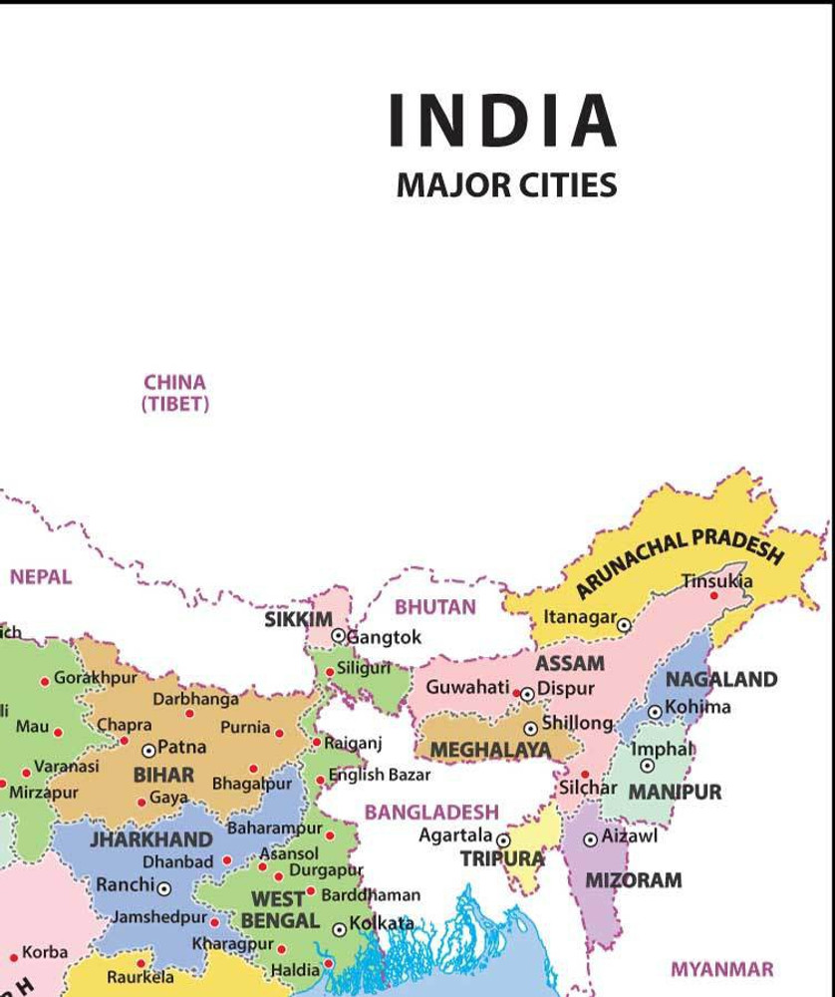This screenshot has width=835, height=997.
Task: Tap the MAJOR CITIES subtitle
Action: tap(506, 185)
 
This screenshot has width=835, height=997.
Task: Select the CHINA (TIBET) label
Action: tap(175, 393)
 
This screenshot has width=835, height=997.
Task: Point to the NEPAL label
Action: tap(41, 576)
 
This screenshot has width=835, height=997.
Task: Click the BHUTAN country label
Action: tap(435, 606)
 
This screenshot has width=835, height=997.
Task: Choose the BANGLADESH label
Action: tap(430, 812)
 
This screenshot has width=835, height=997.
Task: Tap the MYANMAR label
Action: tap(721, 969)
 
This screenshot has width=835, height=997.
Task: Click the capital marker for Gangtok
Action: tap(338, 635)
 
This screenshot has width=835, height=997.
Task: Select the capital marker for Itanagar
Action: tap(624, 625)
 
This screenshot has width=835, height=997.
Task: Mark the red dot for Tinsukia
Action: tap(713, 595)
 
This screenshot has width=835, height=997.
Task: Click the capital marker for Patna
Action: tap(148, 750)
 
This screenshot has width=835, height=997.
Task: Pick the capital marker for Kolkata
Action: tap(339, 928)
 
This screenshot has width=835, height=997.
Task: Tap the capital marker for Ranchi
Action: tap(163, 888)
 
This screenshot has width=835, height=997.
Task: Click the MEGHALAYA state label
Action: tap(490, 750)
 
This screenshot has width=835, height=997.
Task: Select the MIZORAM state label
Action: tap(633, 880)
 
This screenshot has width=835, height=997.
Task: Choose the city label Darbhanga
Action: tap(195, 699)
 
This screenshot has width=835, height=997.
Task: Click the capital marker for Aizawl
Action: tap(590, 839)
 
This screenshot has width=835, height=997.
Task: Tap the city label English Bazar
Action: tap(380, 775)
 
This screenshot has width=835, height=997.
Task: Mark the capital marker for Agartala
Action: tap(503, 840)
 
